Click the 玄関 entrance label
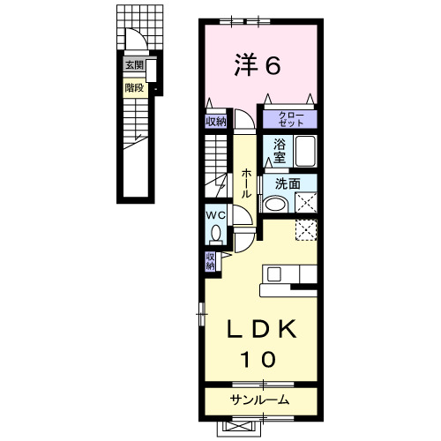pos(134,65)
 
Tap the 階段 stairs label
pos(134,87)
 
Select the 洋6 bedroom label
pos(258,65)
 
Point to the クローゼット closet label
pos(291,119)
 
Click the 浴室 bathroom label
pos(280,151)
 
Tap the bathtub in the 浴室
pos(305,151)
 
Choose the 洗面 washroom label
pos(288,184)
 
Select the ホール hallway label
pos(246,183)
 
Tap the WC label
pos(215,215)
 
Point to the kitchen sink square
pos(273,275)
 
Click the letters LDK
pos(262,329)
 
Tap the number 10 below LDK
pos(258,359)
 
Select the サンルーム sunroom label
pos(259,400)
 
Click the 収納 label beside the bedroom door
pos(216,122)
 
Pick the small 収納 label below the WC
pos(210,261)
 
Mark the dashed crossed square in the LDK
pos(306,230)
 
